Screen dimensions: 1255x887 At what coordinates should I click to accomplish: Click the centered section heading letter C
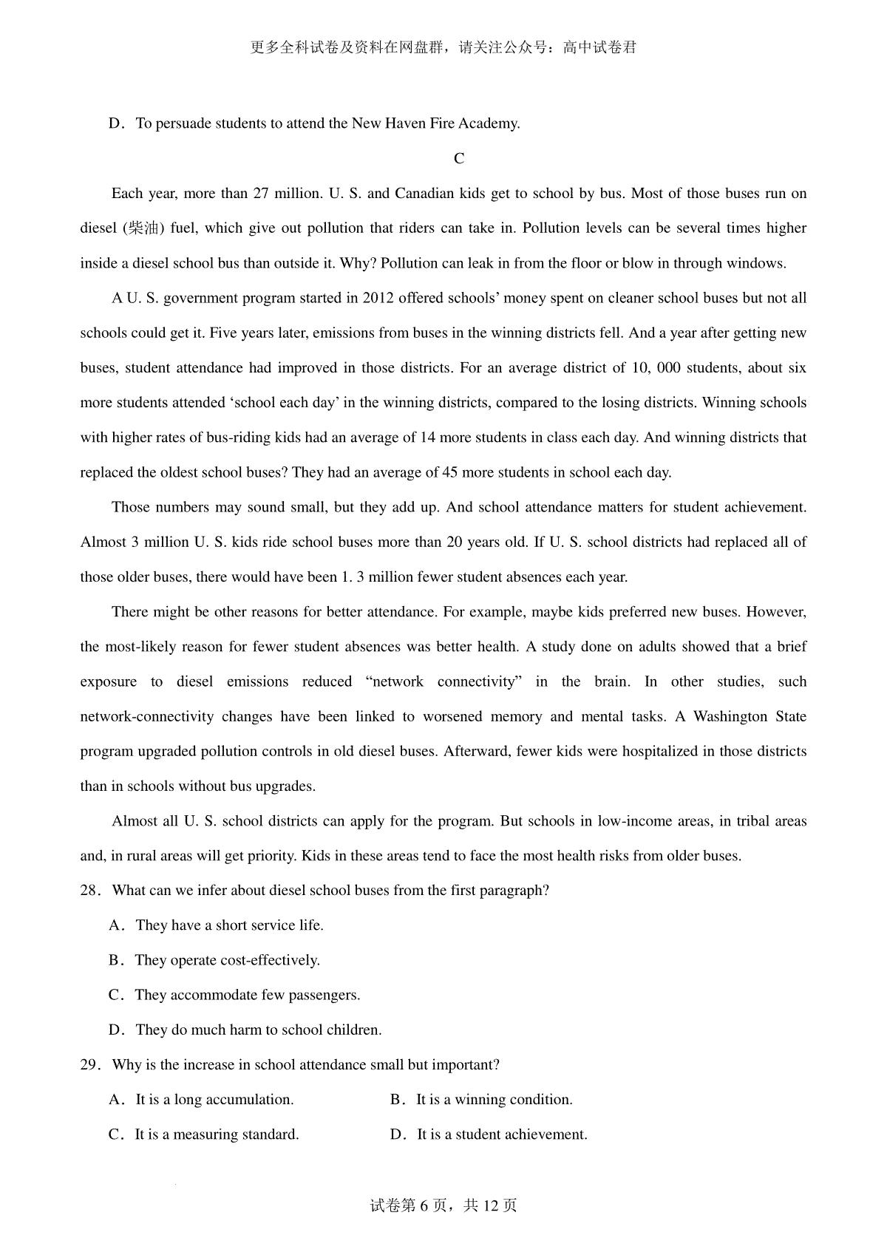pos(459,159)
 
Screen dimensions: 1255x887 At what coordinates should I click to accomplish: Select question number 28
pos(89,891)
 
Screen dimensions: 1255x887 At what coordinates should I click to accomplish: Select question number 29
pos(89,1065)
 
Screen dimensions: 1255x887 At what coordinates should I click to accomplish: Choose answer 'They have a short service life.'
pos(229,925)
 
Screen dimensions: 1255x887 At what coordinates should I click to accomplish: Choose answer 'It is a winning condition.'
pos(494,1100)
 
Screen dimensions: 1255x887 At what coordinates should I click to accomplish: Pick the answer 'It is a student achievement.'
pos(502,1135)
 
